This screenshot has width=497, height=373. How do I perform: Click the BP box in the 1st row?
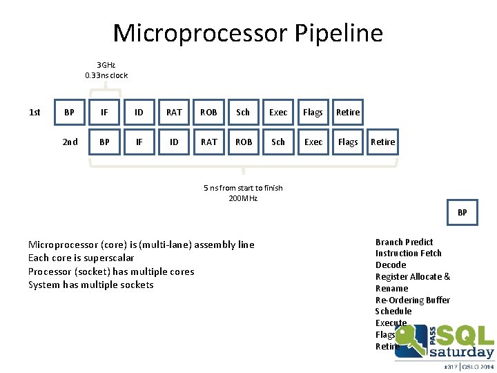pyautogui.click(x=69, y=112)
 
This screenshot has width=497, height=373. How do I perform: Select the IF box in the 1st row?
pyautogui.click(x=104, y=112)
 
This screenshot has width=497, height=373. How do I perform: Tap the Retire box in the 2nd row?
pyautogui.click(x=382, y=142)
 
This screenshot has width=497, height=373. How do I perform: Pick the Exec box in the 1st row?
pyautogui.click(x=278, y=112)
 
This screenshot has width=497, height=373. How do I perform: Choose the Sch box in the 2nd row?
pyautogui.click(x=278, y=142)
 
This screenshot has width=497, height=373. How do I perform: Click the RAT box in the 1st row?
pyautogui.click(x=174, y=112)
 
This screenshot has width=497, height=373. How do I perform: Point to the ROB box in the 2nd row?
pyautogui.click(x=244, y=142)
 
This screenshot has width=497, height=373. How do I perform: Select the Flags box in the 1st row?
pyautogui.click(x=313, y=112)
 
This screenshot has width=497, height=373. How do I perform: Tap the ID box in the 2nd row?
pyautogui.click(x=174, y=142)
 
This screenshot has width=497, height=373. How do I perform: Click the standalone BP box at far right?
pyautogui.click(x=462, y=213)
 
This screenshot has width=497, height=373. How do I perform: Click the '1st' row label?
pyautogui.click(x=35, y=112)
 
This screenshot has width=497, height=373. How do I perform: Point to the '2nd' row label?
pyautogui.click(x=70, y=142)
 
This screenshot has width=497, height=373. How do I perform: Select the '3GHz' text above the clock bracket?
pyautogui.click(x=106, y=65)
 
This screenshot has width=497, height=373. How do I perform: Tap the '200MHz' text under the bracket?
pyautogui.click(x=243, y=198)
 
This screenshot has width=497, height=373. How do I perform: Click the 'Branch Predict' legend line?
pyautogui.click(x=404, y=242)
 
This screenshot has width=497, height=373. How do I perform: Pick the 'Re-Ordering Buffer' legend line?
pyautogui.click(x=412, y=300)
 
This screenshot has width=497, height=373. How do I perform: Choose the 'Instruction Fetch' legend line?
pyautogui.click(x=408, y=254)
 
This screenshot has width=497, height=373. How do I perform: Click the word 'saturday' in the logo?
pyautogui.click(x=462, y=352)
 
